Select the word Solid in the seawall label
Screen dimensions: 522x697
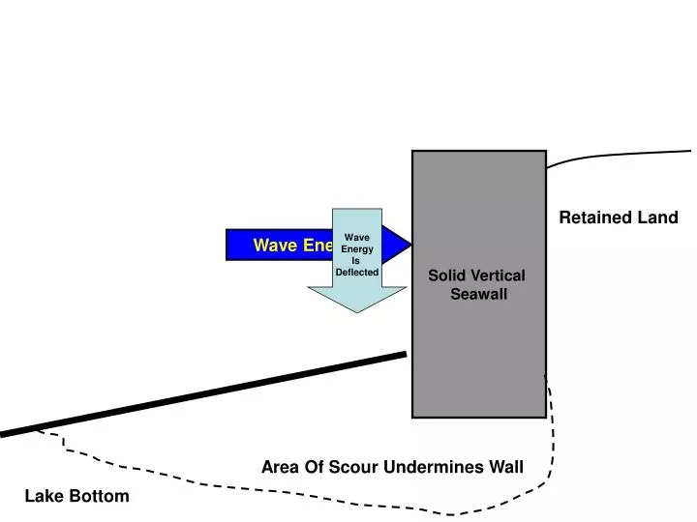(448, 276)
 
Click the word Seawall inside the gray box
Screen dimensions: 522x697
(478, 294)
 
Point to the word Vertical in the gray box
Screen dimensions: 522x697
(499, 276)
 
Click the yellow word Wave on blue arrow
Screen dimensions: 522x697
(274, 246)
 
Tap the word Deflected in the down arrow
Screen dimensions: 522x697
(356, 273)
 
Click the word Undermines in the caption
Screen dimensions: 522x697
(434, 468)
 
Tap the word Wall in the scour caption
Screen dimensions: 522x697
(505, 468)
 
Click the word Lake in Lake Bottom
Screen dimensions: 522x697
(44, 496)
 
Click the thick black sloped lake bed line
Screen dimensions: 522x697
(203, 394)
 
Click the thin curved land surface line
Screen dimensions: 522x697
(620, 155)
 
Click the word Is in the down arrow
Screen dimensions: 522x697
(356, 261)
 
